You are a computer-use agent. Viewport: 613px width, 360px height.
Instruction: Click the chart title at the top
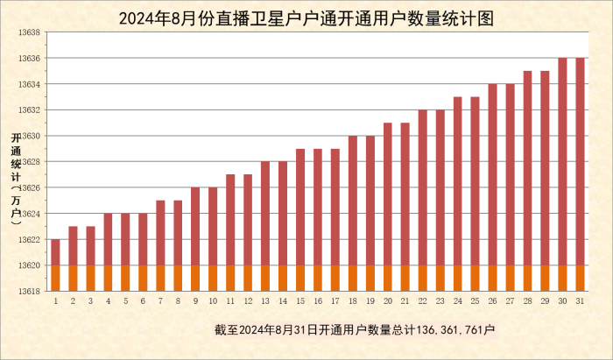[x=306, y=17]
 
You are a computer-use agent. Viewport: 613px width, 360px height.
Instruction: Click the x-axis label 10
[x=213, y=300]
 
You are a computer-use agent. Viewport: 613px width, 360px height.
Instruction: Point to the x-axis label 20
[x=388, y=300]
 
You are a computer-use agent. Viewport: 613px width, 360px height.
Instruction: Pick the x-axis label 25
[x=476, y=300]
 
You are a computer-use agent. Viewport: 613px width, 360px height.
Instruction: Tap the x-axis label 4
[x=108, y=300]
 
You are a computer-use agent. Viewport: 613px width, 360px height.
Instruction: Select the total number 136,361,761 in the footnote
[x=446, y=329]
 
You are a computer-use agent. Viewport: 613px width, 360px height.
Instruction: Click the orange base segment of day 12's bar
[x=248, y=278]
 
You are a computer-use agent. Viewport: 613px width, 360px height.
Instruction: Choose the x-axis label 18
[x=353, y=300]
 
